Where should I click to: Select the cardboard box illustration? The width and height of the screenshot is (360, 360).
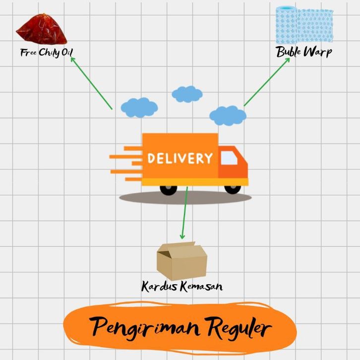pos(181,260)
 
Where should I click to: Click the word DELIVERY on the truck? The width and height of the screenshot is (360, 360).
pos(180,159)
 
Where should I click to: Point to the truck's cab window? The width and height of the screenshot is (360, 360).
pos(229,158)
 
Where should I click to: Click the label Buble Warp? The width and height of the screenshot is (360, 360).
pos(303,52)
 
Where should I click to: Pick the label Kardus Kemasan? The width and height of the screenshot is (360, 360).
pos(181,287)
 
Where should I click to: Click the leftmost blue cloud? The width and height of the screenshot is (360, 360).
pos(139,107)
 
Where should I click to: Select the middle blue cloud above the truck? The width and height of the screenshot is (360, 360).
pos(187,94)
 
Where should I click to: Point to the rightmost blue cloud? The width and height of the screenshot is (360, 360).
pos(228,116)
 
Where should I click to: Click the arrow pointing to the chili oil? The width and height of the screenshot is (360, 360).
pos(91,83)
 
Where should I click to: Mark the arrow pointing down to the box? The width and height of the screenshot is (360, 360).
pos(184,213)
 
